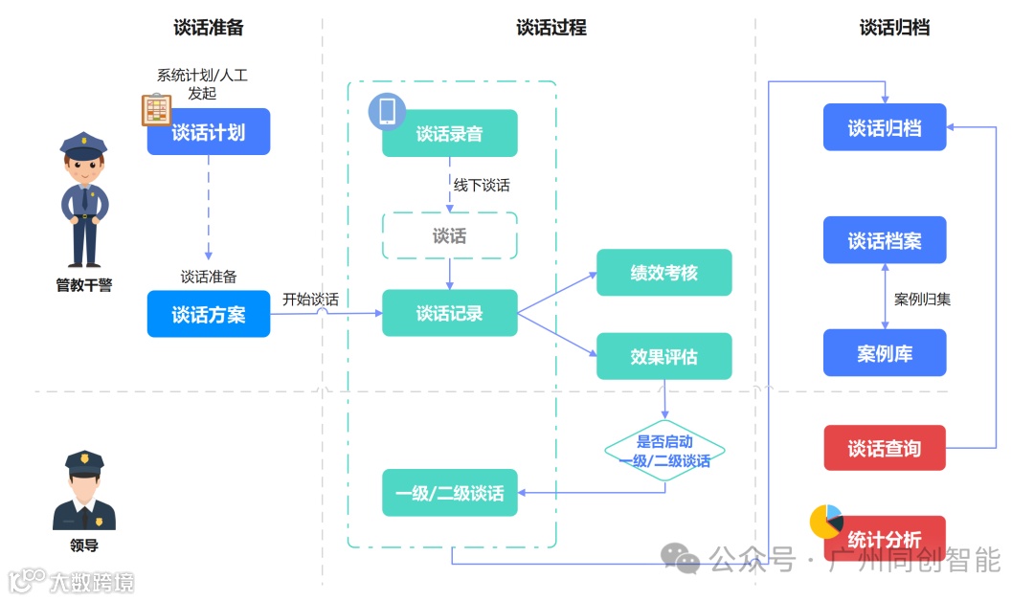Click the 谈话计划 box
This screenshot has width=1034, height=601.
coord(209,132)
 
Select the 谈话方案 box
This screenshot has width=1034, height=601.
coord(209,314)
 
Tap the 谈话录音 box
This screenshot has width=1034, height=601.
coord(450,134)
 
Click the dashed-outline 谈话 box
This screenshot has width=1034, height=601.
coord(450,235)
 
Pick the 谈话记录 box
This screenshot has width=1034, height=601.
coord(450,313)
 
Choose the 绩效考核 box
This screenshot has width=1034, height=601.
coord(663,273)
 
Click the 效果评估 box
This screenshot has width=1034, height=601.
coord(663,356)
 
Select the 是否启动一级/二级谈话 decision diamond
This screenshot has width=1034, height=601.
coord(664,451)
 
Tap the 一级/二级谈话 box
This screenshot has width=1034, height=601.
coord(450,493)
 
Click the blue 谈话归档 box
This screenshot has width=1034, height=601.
coord(885,127)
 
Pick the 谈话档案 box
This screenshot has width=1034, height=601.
coord(885,240)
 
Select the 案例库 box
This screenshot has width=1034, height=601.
coord(885,353)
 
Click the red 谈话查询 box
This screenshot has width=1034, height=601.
coord(885,448)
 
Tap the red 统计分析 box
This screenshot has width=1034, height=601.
coord(885,539)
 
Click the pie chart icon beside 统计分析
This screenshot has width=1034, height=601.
coord(825,521)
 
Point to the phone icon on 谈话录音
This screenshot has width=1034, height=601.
coord(387,112)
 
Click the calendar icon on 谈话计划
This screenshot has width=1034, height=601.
coord(156,110)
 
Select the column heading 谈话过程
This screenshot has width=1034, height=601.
coord(551,28)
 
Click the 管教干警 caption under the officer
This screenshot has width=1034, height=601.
coord(84,285)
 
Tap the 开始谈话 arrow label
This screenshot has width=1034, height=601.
coord(310,300)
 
